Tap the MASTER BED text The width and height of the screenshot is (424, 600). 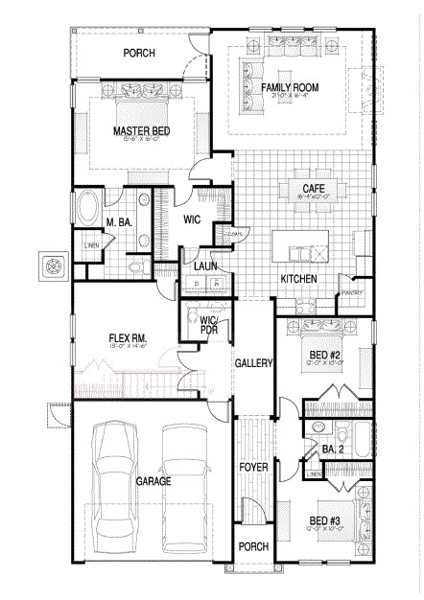[x=143, y=130]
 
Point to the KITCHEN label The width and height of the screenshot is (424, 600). [x=298, y=279]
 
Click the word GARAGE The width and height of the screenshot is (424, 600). [x=153, y=481]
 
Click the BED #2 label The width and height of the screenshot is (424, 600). [x=323, y=354]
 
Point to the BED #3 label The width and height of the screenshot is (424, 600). [x=323, y=521]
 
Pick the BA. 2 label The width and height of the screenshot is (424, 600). [x=333, y=448]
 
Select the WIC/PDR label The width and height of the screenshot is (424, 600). [x=209, y=325]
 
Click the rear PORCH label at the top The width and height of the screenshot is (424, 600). [x=140, y=53]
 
